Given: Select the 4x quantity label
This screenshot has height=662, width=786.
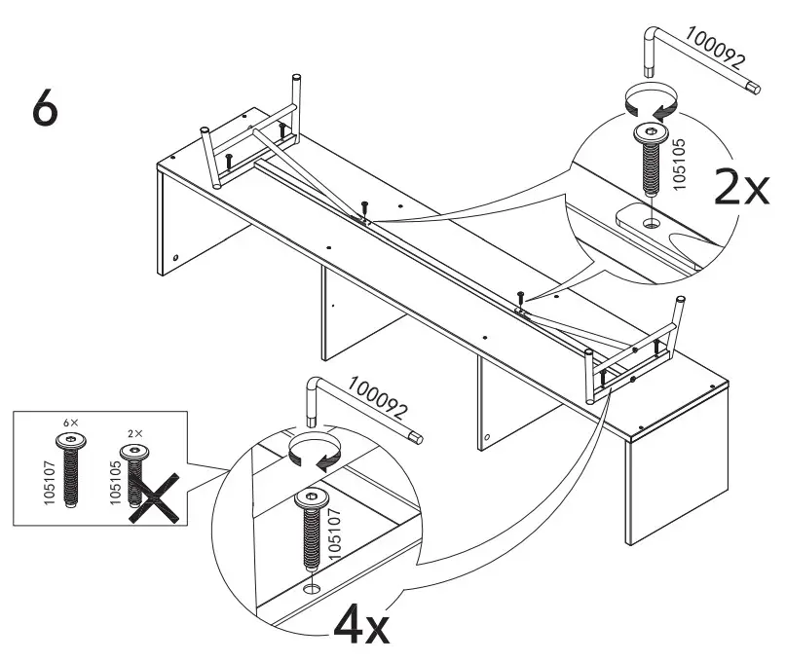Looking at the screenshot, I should coord(361,625).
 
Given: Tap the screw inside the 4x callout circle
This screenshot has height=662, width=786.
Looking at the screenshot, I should coord(310,531).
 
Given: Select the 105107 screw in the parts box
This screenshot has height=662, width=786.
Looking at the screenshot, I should coord(70,472).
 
